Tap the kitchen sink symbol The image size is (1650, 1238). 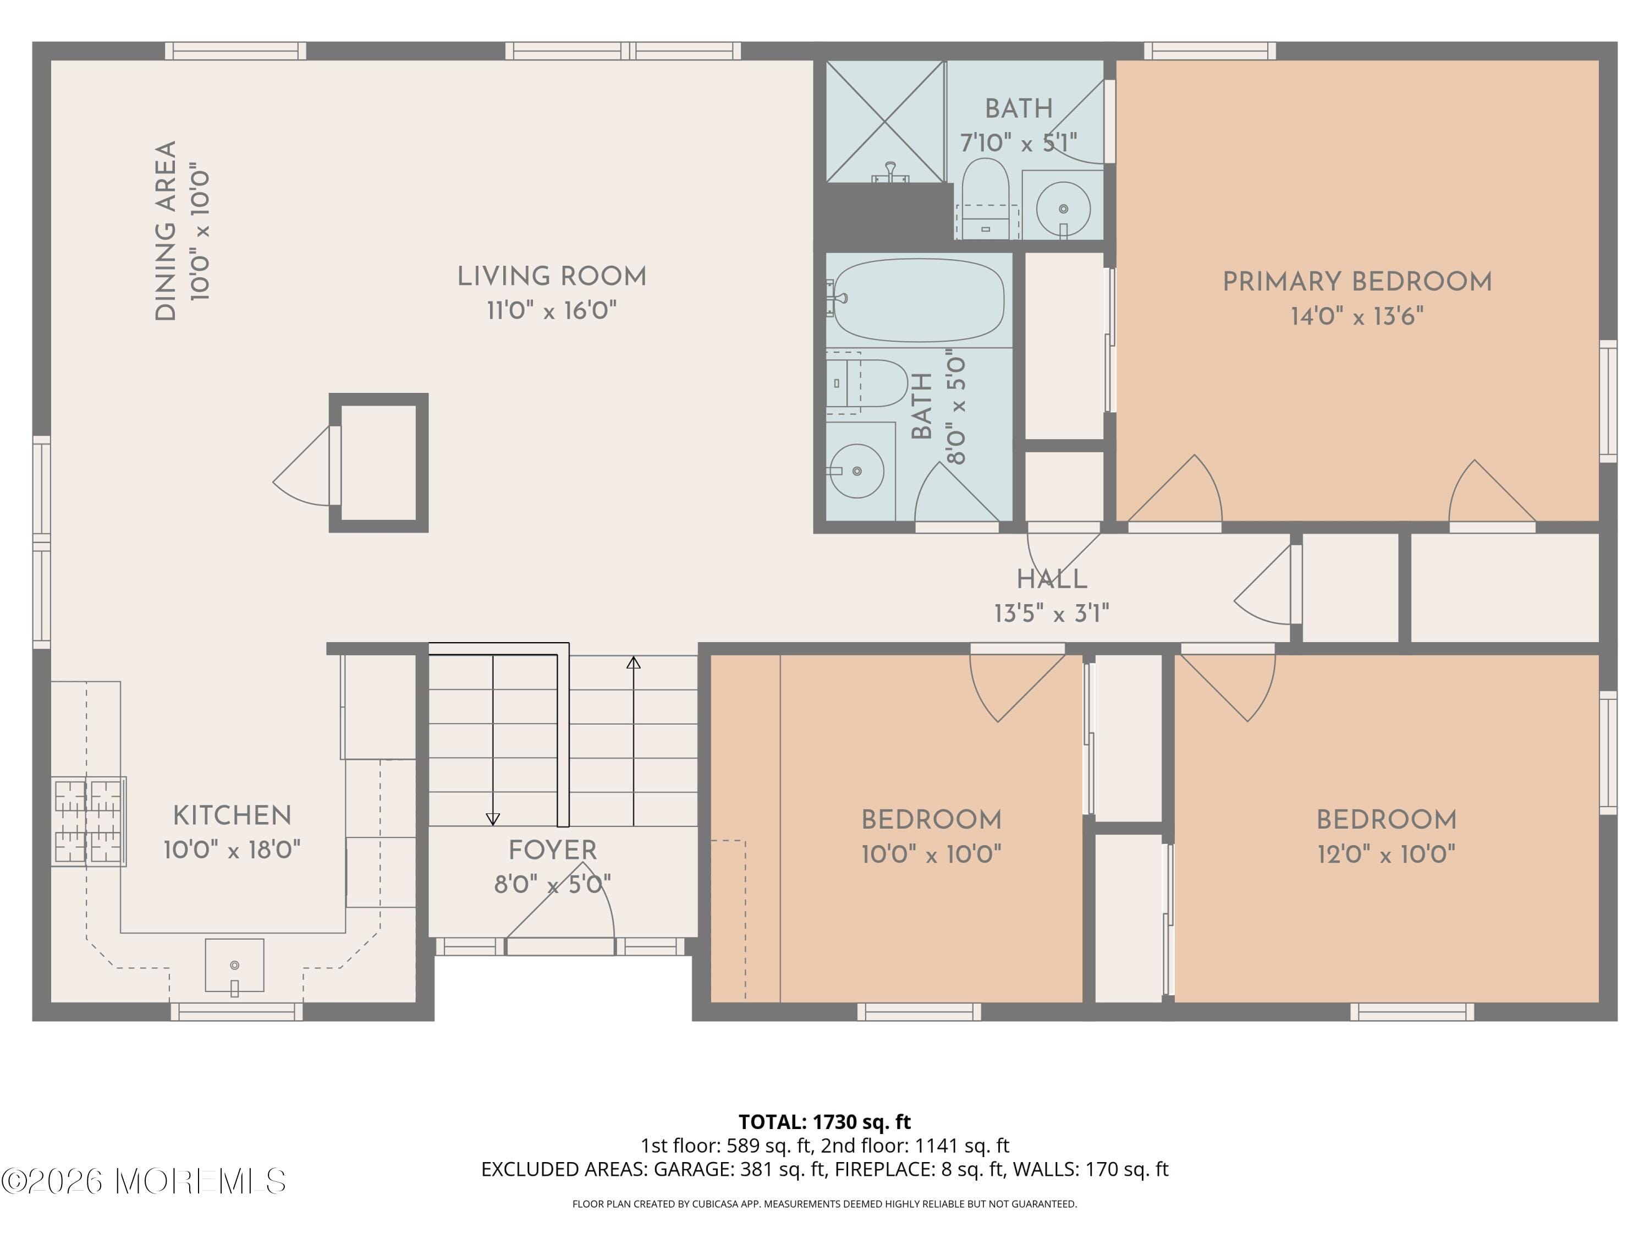tap(234, 965)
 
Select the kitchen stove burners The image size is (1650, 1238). tap(89, 821)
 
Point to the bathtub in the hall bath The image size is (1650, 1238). tap(919, 300)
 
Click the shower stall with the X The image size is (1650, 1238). tap(884, 121)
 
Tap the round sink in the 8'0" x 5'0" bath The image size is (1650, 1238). tap(857, 471)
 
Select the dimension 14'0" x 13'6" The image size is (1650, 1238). tap(1357, 316)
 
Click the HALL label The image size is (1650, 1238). tap(1051, 579)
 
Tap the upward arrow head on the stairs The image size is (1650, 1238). tap(633, 662)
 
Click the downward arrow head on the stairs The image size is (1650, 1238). tap(493, 819)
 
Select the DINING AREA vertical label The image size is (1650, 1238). tap(166, 231)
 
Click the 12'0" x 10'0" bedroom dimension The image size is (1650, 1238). tap(1386, 854)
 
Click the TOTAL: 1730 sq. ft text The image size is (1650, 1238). tap(824, 1121)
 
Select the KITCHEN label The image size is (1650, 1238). tap(232, 815)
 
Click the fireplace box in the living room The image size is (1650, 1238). tap(379, 462)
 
